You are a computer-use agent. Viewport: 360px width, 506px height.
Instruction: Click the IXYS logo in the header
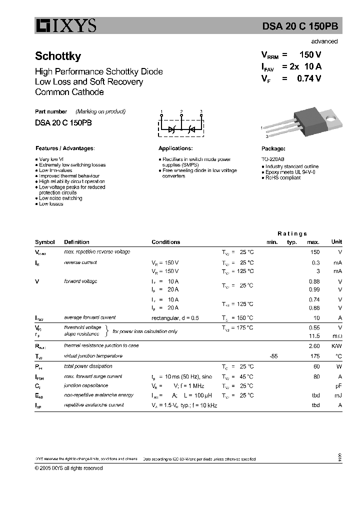point(65,26)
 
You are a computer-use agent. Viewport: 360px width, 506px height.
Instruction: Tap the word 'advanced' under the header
point(324,41)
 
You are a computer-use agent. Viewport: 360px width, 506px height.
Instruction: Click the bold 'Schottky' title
point(58,56)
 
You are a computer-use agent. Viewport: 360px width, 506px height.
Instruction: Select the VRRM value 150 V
point(309,55)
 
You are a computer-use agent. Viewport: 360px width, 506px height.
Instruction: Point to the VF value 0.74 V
point(308,78)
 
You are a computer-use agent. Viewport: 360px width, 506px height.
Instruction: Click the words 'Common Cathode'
point(69,92)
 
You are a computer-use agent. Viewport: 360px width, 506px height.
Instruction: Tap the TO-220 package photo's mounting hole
point(330,118)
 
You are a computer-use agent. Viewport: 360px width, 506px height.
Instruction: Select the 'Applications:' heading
point(175,148)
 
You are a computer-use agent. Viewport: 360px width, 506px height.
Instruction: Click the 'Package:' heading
point(273,148)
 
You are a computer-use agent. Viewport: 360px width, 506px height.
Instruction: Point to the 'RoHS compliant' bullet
point(283,177)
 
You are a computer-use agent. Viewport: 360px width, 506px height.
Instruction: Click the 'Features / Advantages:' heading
point(65,148)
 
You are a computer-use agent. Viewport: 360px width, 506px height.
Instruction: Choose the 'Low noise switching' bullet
point(60,198)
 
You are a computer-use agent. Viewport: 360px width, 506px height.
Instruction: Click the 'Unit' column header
point(336,242)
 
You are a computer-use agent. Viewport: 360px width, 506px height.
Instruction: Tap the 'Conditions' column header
point(165,242)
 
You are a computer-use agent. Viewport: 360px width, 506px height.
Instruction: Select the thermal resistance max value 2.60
point(314,345)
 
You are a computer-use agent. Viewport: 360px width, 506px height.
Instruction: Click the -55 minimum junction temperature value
point(273,356)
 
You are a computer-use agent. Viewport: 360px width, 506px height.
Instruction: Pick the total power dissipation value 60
point(316,366)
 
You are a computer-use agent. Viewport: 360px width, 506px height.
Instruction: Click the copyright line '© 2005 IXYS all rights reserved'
point(69,468)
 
